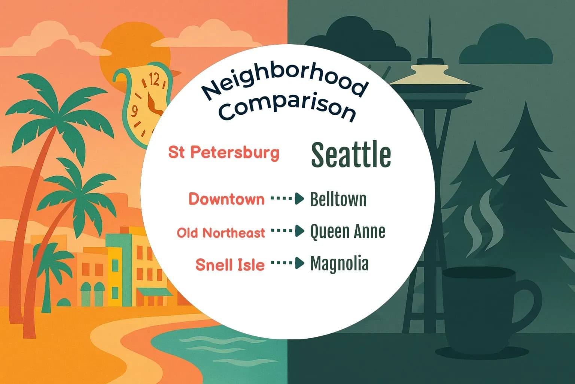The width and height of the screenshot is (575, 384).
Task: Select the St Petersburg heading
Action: pyautogui.click(x=224, y=153)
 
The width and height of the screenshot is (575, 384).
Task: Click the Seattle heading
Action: pyautogui.click(x=351, y=154)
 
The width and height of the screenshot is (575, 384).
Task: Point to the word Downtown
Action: pyautogui.click(x=226, y=199)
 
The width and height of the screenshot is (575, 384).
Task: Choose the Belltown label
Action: pyautogui.click(x=338, y=199)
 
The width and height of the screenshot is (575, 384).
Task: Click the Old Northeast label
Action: pyautogui.click(x=221, y=233)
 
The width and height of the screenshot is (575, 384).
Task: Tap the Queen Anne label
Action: pyautogui.click(x=347, y=231)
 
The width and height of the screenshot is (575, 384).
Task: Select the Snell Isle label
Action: pyautogui.click(x=230, y=265)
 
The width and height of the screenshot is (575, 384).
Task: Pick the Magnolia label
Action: pyautogui.click(x=339, y=264)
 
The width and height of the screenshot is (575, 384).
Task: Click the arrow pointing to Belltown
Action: pyautogui.click(x=287, y=199)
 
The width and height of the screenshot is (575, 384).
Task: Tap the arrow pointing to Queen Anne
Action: pyautogui.click(x=287, y=231)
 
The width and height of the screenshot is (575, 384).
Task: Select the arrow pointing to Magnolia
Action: pyautogui.click(x=287, y=263)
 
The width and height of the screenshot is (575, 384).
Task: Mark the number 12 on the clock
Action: pyautogui.click(x=154, y=79)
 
